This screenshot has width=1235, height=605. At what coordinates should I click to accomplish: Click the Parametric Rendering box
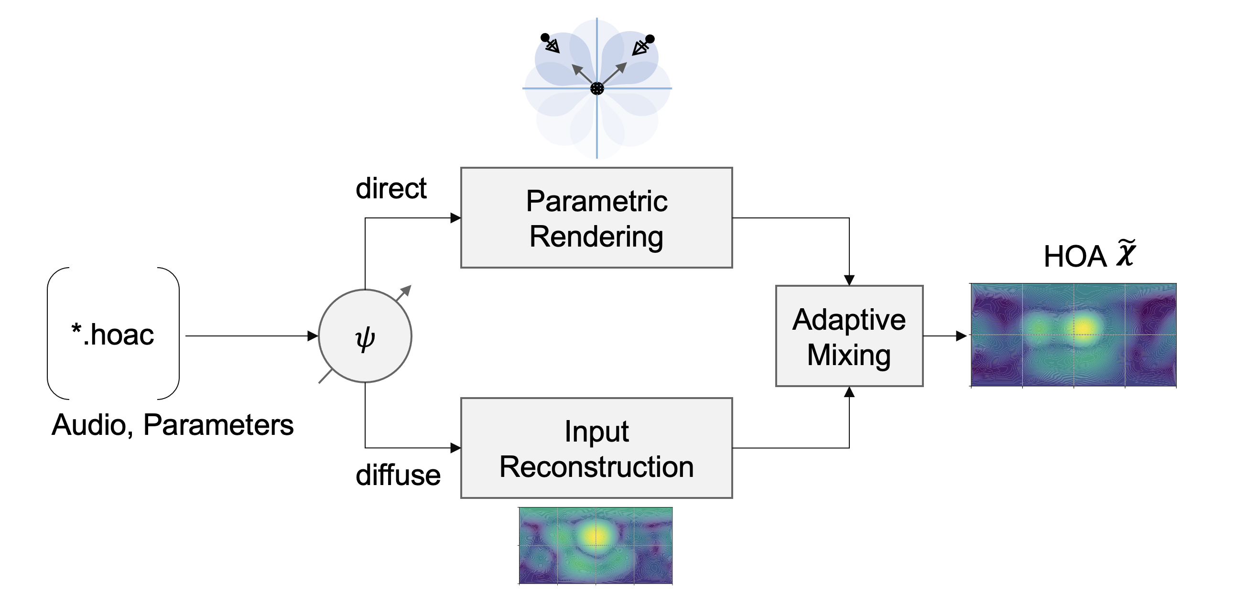click(596, 217)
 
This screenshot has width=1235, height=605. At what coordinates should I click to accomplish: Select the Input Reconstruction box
click(596, 448)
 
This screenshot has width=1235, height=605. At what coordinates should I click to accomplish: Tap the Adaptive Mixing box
click(848, 336)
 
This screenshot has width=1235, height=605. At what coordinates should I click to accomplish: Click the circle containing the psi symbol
click(365, 336)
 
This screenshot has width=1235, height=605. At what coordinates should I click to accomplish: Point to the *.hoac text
click(113, 334)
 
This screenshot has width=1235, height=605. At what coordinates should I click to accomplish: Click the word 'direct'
click(391, 188)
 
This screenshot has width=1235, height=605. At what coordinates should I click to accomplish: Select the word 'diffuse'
click(398, 475)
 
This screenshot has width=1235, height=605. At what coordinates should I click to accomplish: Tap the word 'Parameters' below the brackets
click(218, 425)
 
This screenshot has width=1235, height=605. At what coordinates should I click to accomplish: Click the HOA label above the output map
click(1075, 257)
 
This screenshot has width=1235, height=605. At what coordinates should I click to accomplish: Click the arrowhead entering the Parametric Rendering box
click(456, 218)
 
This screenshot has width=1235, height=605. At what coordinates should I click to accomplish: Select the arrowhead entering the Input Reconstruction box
click(456, 448)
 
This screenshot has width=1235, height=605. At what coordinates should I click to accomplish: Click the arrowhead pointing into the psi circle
click(313, 336)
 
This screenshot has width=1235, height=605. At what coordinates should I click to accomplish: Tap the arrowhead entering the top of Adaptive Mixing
click(849, 281)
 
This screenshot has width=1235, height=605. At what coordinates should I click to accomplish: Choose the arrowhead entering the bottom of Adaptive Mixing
click(849, 392)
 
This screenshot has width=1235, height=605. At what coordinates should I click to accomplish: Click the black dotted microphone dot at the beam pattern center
click(597, 88)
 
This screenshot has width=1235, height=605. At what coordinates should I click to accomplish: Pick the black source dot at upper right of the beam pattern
click(650, 39)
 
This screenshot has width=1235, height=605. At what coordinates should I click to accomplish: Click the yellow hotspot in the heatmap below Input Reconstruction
click(596, 535)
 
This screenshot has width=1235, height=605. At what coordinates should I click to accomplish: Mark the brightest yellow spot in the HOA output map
click(1083, 328)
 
